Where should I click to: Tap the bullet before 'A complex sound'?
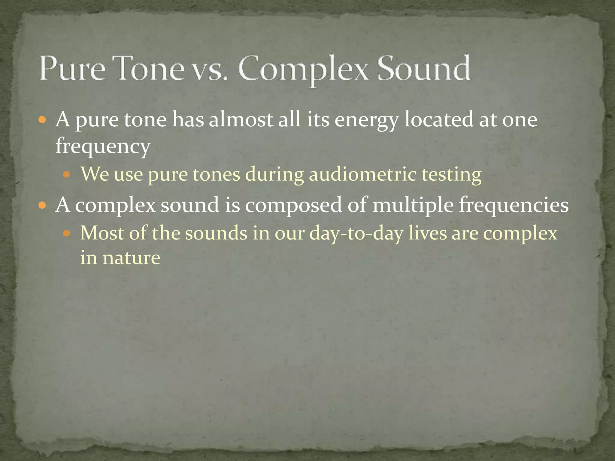point(42,206)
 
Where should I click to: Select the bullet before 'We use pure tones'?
point(67,174)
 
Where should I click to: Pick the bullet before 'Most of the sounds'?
point(67,233)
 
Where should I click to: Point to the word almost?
point(241,119)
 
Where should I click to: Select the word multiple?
point(413,206)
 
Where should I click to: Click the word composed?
point(293,206)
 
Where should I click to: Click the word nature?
point(131,258)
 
